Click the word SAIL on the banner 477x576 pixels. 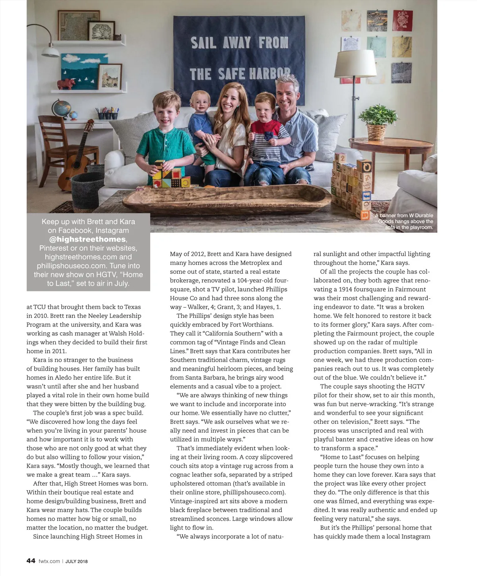[204, 43]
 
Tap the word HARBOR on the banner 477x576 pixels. [270, 73]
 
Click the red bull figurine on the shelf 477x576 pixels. [66, 84]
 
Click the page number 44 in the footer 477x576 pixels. [31, 561]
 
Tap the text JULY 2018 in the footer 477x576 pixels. [77, 561]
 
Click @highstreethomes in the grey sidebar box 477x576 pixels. [87, 239]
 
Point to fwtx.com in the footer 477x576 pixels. [49, 561]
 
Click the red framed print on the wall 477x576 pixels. [402, 21]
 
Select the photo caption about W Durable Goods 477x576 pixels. [405, 221]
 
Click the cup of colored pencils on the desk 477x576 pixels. [107, 114]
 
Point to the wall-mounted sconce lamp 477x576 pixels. [49, 50]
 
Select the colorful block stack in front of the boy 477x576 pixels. [170, 175]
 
